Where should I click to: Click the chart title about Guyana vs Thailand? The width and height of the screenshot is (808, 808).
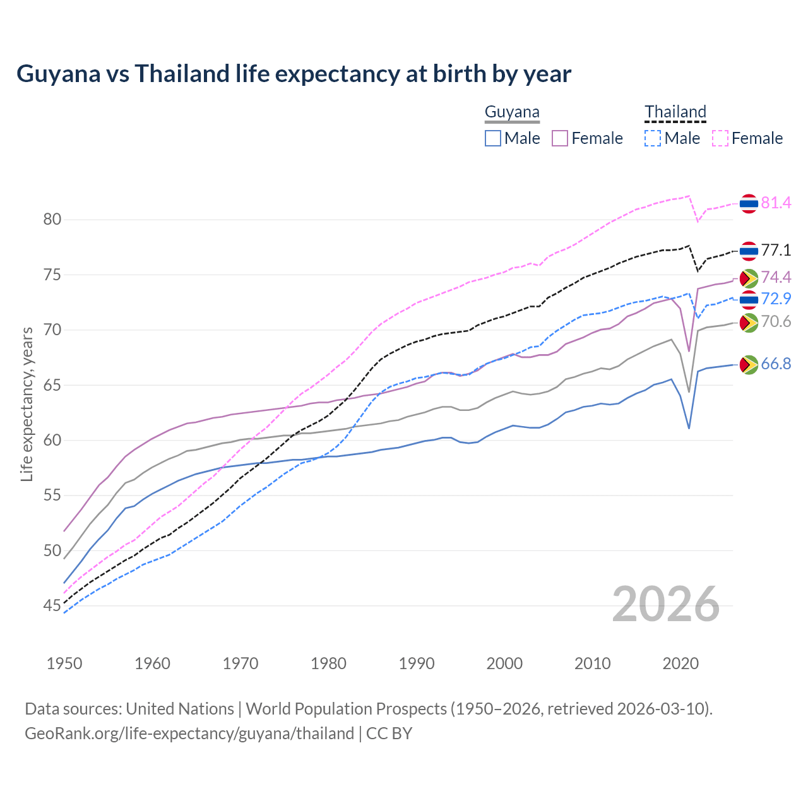[x=294, y=74]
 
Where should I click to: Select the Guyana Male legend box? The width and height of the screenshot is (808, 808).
[x=493, y=138]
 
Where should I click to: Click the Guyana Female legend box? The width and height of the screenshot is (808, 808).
[x=560, y=138]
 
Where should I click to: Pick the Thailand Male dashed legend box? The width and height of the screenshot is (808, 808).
[x=653, y=138]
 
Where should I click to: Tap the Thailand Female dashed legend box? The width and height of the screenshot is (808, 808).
[x=720, y=138]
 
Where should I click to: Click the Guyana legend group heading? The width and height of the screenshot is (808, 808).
[x=512, y=112]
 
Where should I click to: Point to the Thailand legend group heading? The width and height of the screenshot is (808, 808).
[x=675, y=112]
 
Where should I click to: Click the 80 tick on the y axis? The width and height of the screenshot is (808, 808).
[x=52, y=220]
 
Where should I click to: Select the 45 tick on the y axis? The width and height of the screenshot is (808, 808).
[x=52, y=606]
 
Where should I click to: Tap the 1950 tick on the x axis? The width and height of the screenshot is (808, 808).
[x=64, y=663]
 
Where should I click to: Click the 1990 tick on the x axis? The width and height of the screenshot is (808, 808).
[x=417, y=663]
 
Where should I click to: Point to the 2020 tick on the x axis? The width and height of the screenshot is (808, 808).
[x=680, y=663]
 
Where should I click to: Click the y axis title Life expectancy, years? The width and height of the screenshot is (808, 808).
[x=27, y=404]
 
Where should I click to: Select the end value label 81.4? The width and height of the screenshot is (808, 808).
[x=776, y=203]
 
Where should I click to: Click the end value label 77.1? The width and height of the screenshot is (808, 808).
[x=776, y=251]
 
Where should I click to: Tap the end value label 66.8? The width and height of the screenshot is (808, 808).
[x=776, y=364]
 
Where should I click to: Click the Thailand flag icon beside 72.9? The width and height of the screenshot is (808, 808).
[x=749, y=299]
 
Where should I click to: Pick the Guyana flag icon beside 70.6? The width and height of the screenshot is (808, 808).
[x=749, y=323]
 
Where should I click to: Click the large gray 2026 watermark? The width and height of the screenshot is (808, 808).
[x=666, y=604]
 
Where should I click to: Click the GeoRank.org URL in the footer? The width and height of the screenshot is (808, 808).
[x=189, y=734]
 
